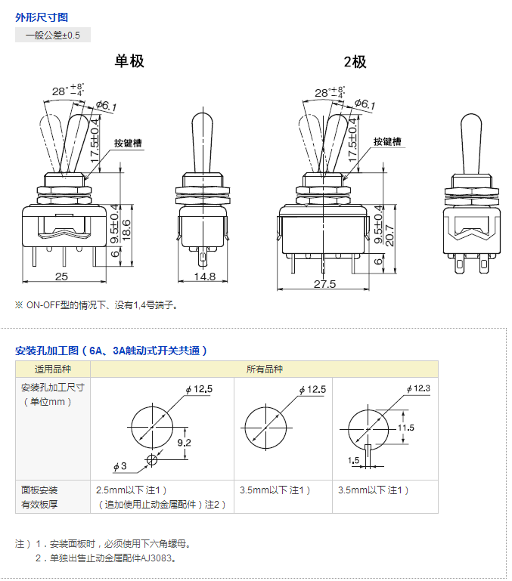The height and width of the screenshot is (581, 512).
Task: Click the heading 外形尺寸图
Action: [x=42, y=17]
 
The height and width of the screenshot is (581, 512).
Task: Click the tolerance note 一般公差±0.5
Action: [x=53, y=36]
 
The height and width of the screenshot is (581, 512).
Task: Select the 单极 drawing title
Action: [x=129, y=60]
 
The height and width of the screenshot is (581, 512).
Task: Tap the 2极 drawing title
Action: [x=355, y=62]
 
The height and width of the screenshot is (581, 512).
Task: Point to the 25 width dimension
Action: [x=61, y=277]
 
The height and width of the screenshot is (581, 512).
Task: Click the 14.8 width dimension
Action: [x=205, y=277]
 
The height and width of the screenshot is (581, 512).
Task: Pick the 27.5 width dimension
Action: [x=324, y=284]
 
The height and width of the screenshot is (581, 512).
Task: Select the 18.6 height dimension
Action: [x=126, y=230]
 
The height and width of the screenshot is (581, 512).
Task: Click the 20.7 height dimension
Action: [x=389, y=236]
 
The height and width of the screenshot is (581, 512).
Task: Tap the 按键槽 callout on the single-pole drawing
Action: [x=128, y=143]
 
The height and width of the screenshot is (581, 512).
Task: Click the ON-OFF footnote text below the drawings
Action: [x=96, y=305]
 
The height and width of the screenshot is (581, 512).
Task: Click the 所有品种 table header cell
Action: [x=264, y=369]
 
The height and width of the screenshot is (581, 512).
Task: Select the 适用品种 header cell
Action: [x=53, y=369]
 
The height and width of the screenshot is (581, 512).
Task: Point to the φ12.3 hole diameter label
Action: [x=418, y=388]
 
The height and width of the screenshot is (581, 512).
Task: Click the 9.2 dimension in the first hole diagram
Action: [x=184, y=443]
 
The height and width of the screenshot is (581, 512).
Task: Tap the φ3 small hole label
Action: [x=119, y=466]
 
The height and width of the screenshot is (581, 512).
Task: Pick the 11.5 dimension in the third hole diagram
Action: [x=406, y=428]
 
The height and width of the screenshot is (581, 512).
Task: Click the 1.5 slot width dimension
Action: [x=354, y=460]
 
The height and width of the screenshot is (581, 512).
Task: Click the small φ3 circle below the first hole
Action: [x=152, y=460]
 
